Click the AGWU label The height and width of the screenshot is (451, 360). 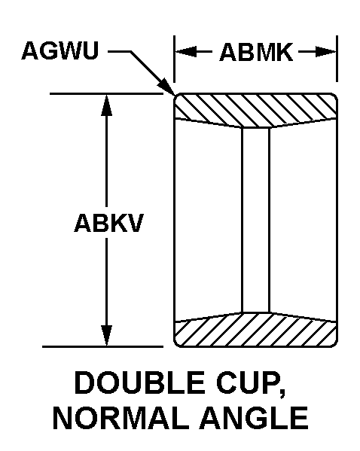[x=59, y=51]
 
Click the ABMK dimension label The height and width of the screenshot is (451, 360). [x=256, y=53]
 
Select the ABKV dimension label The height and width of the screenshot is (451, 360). [x=108, y=223]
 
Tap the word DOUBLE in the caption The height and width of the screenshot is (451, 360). [x=139, y=382]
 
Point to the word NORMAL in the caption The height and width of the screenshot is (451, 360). [x=120, y=418]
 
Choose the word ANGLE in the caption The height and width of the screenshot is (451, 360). [x=254, y=418]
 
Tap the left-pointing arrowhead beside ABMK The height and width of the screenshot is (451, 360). [x=187, y=52]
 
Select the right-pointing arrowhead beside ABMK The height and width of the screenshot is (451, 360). [x=325, y=52]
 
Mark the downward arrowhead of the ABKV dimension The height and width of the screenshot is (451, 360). [x=106, y=335]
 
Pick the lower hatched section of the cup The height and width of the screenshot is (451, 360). [x=255, y=331]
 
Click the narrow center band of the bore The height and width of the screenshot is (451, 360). [x=255, y=220]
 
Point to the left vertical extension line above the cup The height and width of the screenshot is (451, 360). [x=174, y=59]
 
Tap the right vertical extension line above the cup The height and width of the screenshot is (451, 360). [x=337, y=59]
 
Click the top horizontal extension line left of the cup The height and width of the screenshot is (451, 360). [x=106, y=93]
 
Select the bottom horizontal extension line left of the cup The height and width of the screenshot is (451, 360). [x=102, y=346]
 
